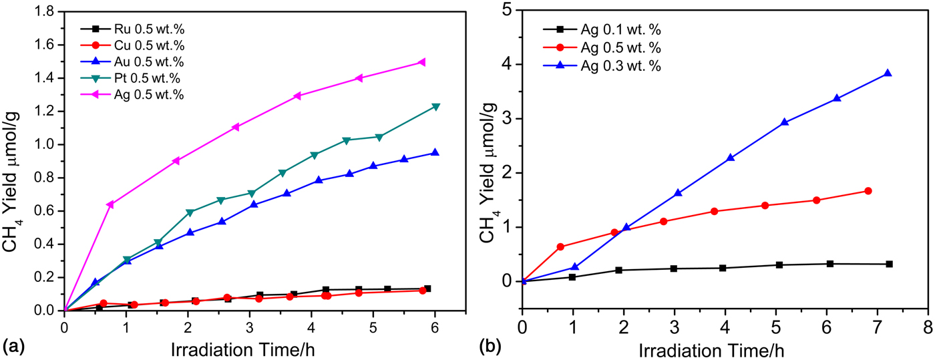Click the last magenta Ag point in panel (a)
(421, 62)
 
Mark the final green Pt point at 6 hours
(435, 107)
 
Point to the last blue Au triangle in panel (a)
(435, 153)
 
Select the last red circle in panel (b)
(868, 191)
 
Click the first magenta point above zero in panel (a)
(110, 204)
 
